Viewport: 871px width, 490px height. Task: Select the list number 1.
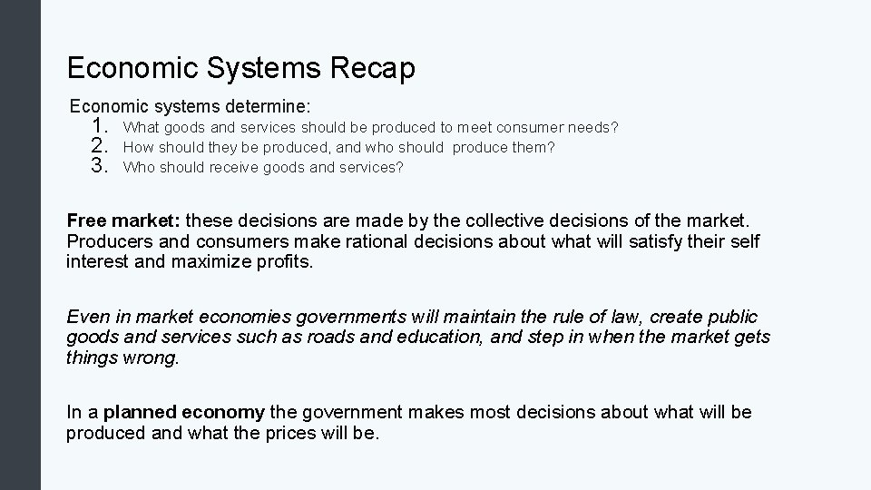(x=101, y=127)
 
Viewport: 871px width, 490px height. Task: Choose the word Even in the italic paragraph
(x=87, y=317)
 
